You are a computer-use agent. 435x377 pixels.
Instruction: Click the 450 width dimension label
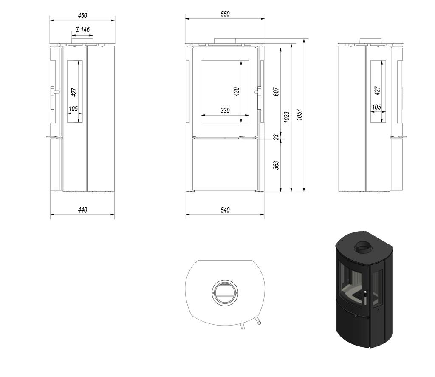pyautogui.click(x=82, y=16)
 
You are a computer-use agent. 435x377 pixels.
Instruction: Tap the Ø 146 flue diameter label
pyautogui.click(x=82, y=30)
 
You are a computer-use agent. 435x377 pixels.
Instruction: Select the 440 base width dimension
pyautogui.click(x=82, y=210)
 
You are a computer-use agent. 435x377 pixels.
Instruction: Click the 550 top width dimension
pyautogui.click(x=225, y=14)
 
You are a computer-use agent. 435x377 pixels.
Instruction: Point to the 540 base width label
pyautogui.click(x=225, y=210)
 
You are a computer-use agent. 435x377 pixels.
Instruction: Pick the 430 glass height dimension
pyautogui.click(x=237, y=91)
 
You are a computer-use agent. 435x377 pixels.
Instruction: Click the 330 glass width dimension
pyautogui.click(x=225, y=111)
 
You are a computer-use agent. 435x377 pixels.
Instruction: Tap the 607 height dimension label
pyautogui.click(x=276, y=91)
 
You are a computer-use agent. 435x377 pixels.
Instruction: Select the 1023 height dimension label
pyautogui.click(x=287, y=117)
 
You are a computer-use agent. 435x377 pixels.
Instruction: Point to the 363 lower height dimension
pyautogui.click(x=276, y=164)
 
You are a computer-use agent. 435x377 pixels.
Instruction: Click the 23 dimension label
pyautogui.click(x=276, y=137)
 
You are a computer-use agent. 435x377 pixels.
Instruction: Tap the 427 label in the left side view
pyautogui.click(x=73, y=92)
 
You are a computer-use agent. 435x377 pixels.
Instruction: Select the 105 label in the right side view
pyautogui.click(x=376, y=108)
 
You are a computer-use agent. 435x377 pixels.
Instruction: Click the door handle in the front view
pyautogui.click(x=258, y=91)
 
